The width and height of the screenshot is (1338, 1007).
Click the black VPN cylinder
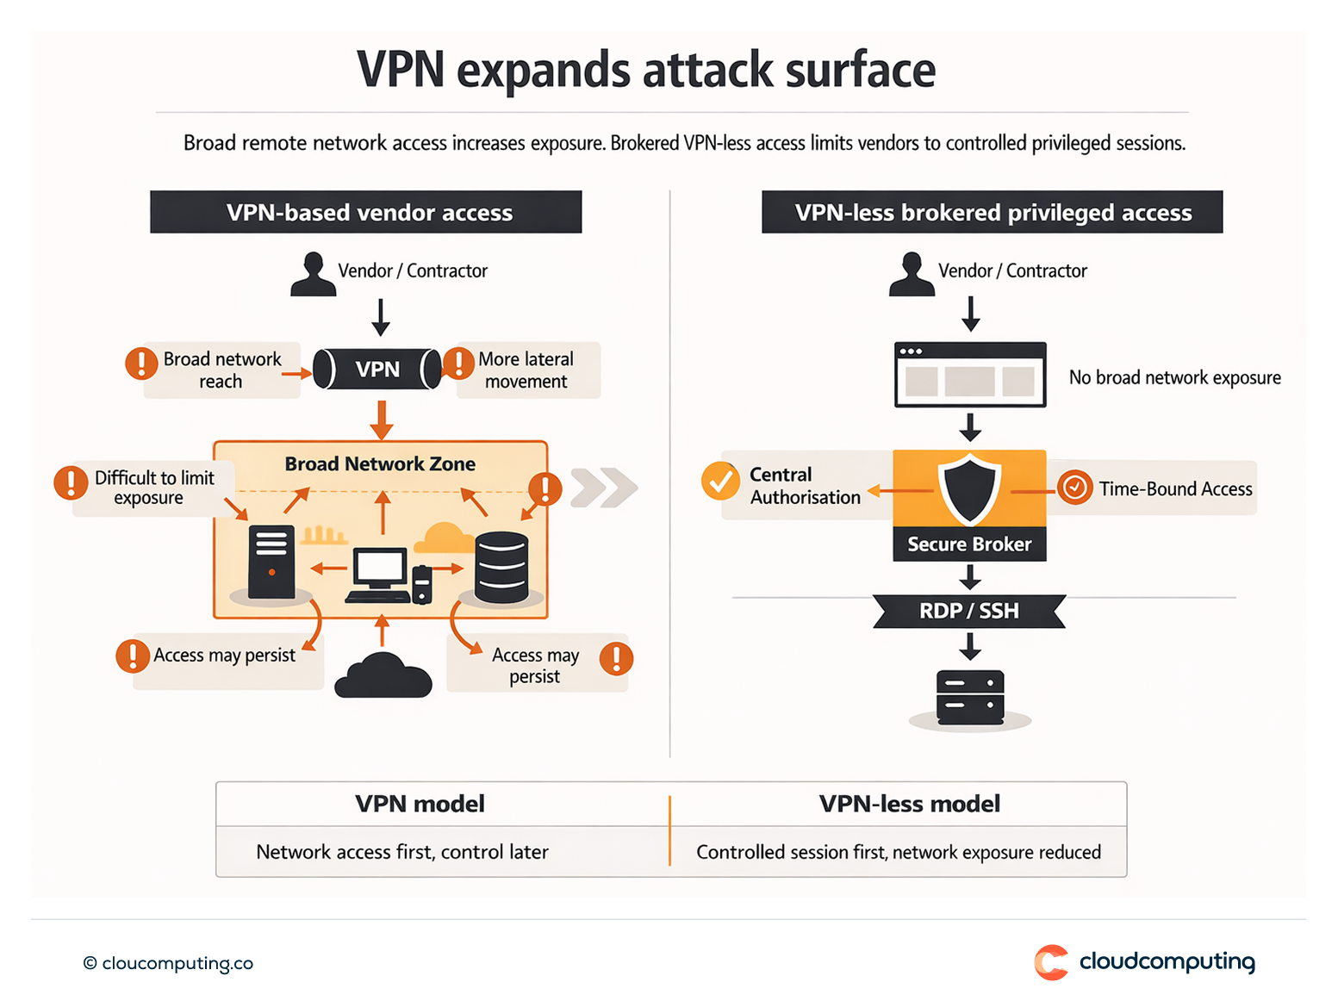(377, 370)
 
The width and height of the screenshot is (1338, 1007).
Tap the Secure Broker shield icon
(969, 488)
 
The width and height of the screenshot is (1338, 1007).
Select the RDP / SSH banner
(969, 611)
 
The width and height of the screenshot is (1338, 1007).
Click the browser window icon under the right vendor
(970, 375)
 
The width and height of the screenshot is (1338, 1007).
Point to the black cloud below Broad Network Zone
(383, 677)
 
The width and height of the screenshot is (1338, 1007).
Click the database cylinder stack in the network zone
(501, 567)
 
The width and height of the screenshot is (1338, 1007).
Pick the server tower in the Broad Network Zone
(271, 562)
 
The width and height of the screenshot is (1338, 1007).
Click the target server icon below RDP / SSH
(970, 697)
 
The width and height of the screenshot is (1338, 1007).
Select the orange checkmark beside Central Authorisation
(720, 481)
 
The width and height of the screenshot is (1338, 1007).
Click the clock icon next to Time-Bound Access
(1074, 488)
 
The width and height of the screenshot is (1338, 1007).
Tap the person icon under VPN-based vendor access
(313, 275)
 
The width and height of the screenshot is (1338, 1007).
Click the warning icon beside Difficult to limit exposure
(71, 482)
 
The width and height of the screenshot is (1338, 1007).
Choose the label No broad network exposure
(1174, 377)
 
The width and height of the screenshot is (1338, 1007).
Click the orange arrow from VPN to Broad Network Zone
(381, 420)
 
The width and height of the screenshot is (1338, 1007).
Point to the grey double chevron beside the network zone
(603, 488)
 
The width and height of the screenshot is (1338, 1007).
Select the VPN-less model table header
(909, 804)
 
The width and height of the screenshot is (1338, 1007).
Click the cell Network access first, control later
(402, 852)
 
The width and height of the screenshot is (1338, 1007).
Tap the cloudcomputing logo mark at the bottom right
(1051, 962)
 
